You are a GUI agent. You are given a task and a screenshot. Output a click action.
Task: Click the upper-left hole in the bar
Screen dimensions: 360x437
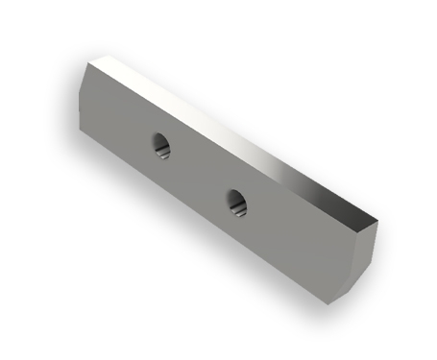[x=161, y=146]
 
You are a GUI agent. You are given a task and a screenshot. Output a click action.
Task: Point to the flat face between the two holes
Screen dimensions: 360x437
[x=197, y=175]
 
